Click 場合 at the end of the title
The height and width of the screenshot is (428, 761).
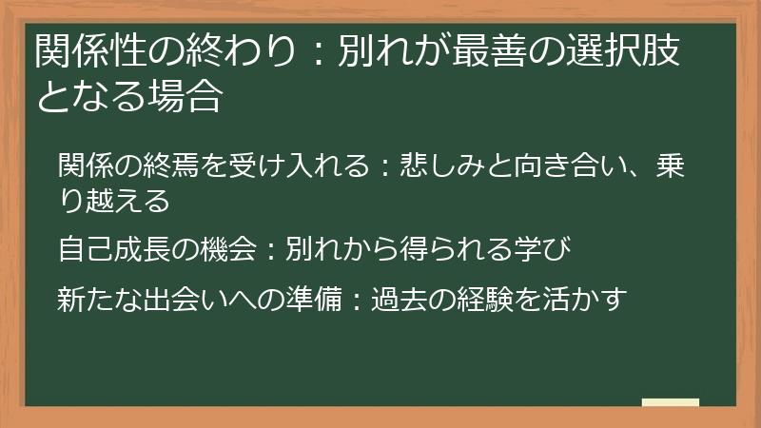(190, 94)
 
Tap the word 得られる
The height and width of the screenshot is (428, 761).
(444, 251)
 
